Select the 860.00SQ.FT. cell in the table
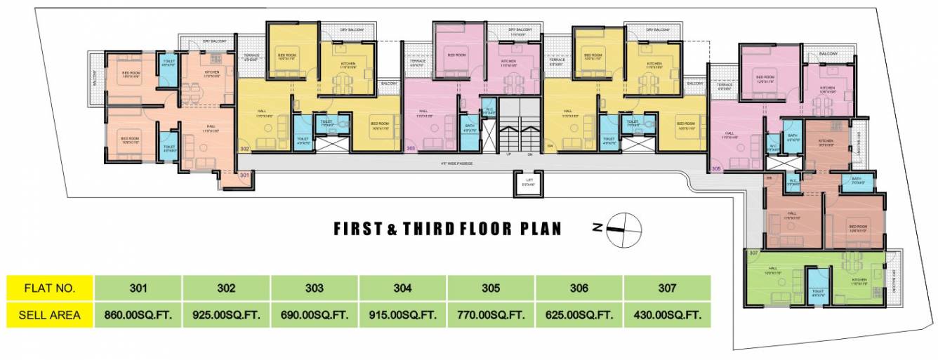[x=138, y=315]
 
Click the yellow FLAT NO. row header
[x=49, y=288]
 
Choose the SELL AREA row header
[x=49, y=315]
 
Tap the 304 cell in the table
[x=402, y=288]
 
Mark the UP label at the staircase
[x=501, y=154]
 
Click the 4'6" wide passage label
[x=456, y=164]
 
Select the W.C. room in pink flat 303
[x=489, y=110]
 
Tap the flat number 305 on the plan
[x=716, y=169]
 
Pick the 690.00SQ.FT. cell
[x=314, y=315]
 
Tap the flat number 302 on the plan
[x=244, y=149]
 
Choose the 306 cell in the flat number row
[x=579, y=288]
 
